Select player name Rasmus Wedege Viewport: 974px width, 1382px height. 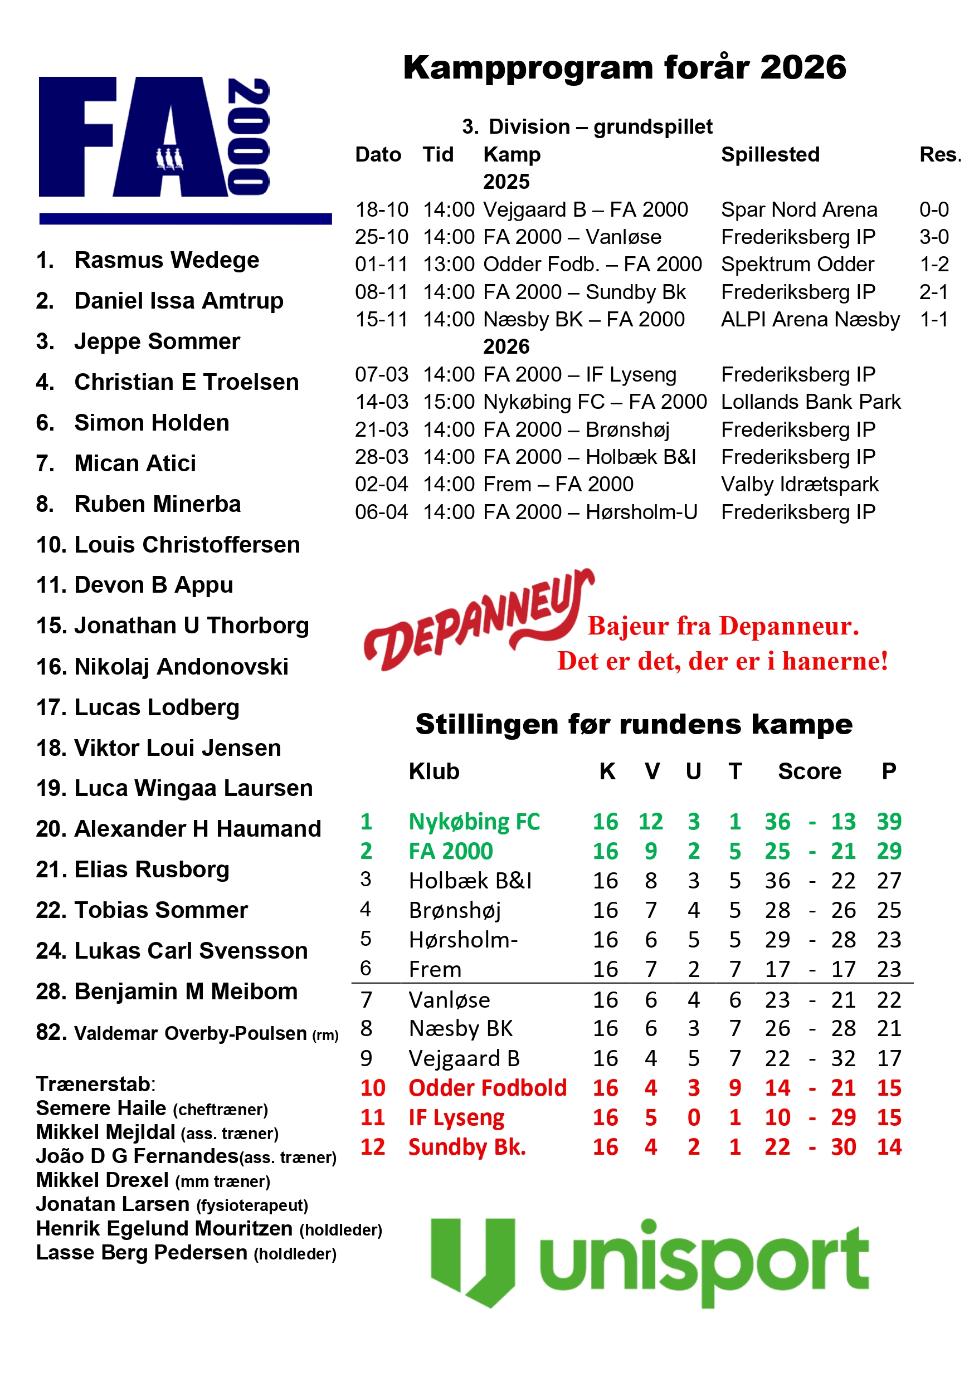166,260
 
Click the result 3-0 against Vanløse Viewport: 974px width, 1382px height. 933,237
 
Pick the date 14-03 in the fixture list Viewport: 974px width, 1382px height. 381,402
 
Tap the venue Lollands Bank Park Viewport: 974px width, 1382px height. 810,402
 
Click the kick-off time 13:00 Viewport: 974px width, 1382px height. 449,264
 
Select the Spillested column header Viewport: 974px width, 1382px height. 770,155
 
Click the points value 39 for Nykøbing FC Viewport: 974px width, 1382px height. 889,821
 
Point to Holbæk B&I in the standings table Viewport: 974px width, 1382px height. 470,881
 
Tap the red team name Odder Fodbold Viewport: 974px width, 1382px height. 487,1088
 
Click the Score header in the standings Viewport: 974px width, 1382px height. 809,771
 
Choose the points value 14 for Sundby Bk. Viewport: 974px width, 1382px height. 889,1146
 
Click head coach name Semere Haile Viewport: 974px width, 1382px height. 100,1108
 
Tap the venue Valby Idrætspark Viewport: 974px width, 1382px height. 800,484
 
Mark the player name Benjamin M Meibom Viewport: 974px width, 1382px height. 186,991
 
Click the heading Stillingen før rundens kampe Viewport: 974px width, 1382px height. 634,724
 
